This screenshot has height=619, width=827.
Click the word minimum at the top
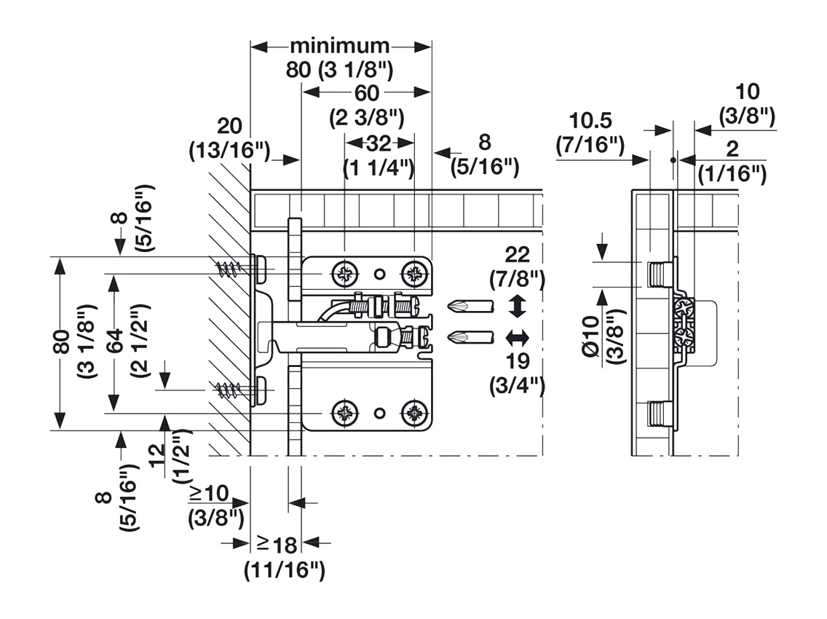[340, 46]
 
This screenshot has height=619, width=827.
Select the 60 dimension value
[367, 93]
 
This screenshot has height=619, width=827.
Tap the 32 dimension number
[379, 142]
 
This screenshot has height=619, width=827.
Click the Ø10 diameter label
[590, 336]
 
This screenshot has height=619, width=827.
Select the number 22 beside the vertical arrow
[517, 254]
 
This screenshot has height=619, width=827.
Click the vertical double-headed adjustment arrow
[517, 306]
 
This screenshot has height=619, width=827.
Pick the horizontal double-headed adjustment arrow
[517, 337]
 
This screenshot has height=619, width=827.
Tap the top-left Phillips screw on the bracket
[344, 275]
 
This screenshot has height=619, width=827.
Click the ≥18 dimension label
[276, 543]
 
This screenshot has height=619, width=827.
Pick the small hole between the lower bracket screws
[379, 414]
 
